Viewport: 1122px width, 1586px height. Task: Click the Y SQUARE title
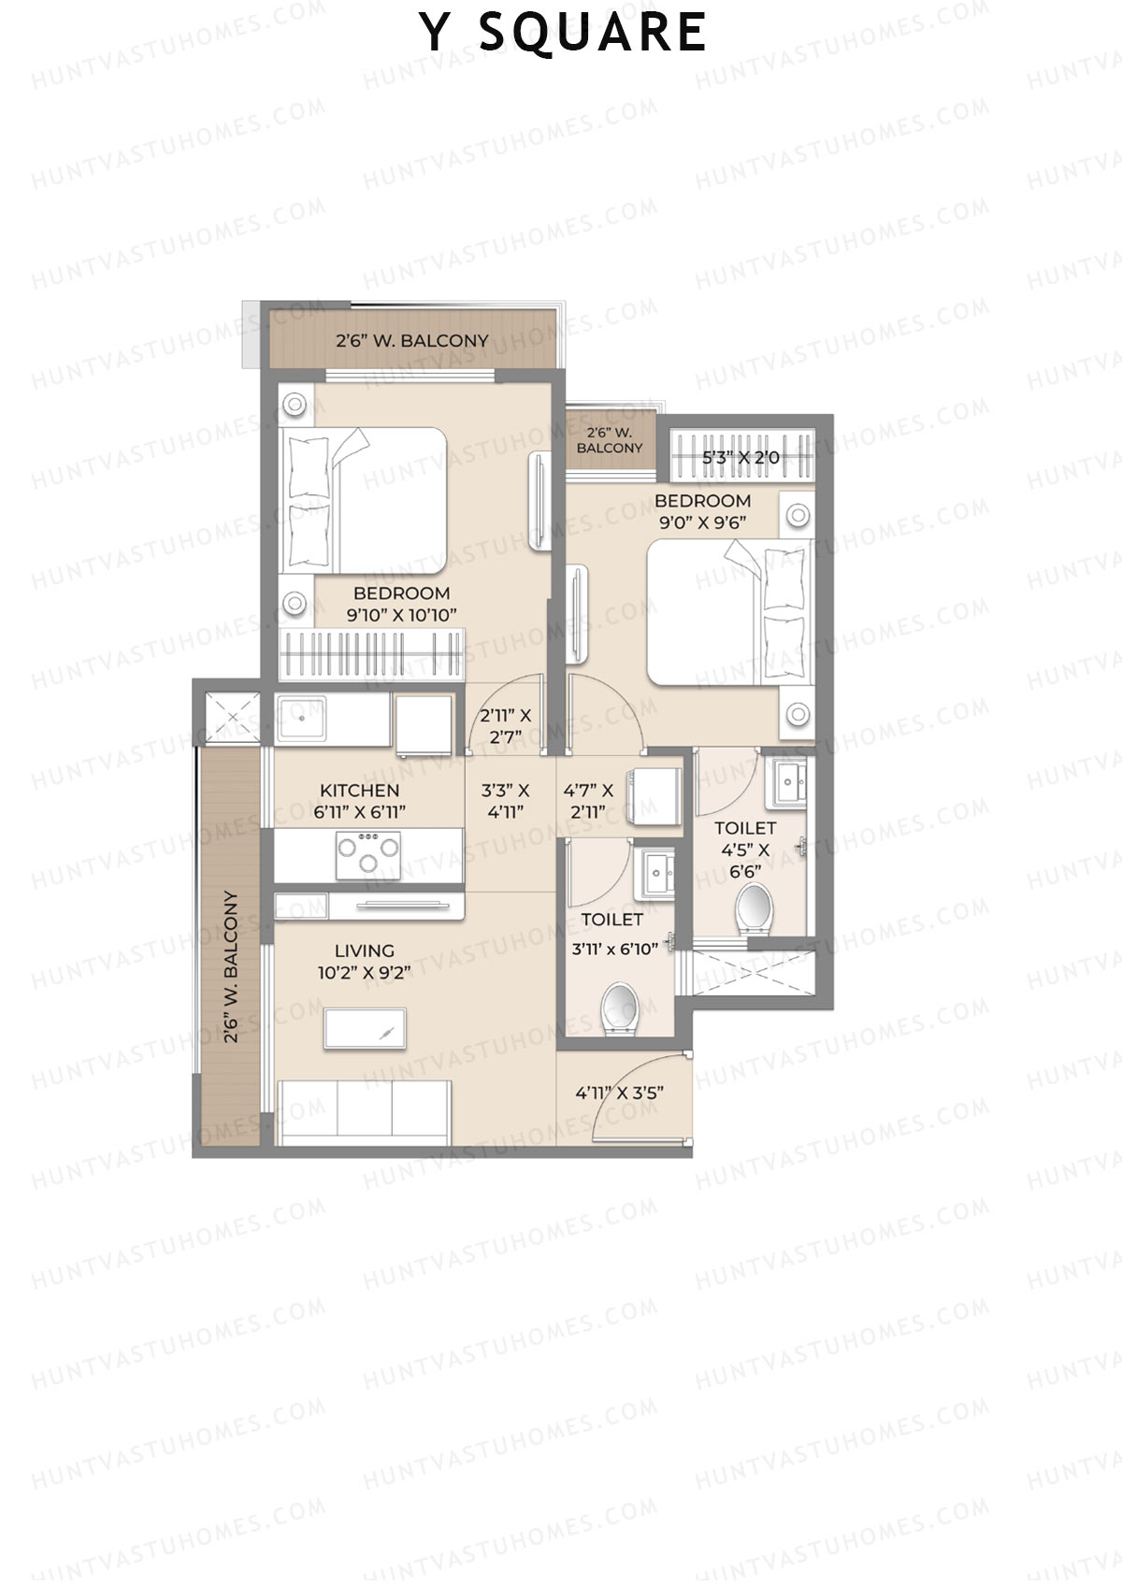563,32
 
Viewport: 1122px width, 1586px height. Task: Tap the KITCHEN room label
359,791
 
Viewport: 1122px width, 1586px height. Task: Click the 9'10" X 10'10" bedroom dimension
401,614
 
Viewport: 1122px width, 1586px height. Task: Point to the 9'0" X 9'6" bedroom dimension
702,522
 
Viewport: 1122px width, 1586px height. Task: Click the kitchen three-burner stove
368,853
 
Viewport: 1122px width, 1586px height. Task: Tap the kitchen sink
301,719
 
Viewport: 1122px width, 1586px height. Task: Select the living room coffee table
365,1028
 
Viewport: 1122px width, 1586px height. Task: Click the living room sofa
365,1111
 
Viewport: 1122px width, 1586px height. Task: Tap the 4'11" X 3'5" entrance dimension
620,1091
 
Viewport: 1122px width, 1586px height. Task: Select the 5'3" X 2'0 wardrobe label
741,458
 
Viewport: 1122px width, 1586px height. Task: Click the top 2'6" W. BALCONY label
411,341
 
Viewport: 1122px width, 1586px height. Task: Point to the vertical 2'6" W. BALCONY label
231,967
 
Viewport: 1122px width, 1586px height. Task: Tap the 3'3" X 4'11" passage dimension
505,801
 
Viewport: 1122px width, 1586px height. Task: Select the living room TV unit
396,906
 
